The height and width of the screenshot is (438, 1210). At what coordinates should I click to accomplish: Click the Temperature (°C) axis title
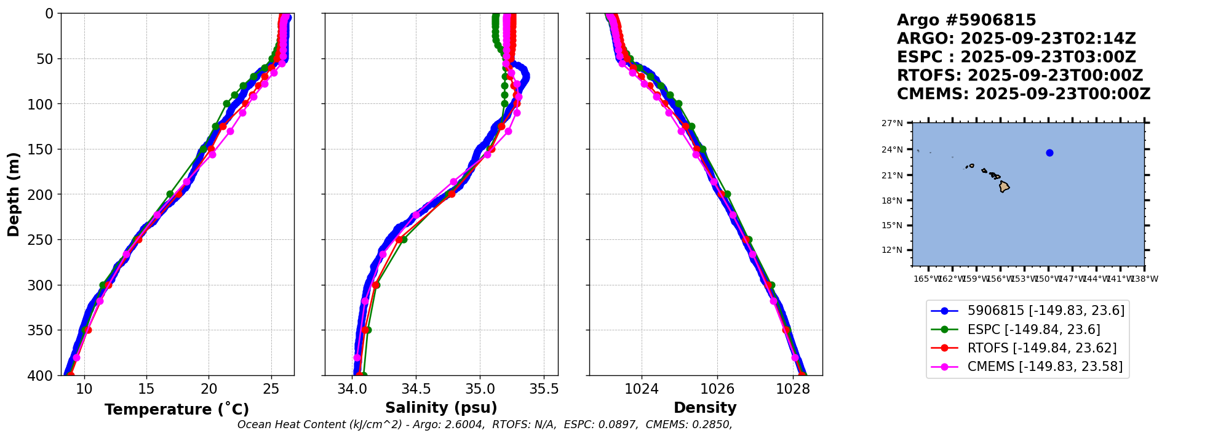click(177, 409)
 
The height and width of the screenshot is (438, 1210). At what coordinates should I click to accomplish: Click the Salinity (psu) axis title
click(441, 408)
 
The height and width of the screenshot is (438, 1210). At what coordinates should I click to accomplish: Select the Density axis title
click(705, 408)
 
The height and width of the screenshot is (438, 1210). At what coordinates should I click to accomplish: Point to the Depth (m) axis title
click(14, 194)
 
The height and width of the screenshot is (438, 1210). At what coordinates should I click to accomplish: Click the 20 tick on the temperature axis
click(209, 389)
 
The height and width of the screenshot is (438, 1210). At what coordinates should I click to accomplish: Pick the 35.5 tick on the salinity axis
click(543, 389)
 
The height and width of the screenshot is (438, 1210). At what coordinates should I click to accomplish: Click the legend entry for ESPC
click(1033, 330)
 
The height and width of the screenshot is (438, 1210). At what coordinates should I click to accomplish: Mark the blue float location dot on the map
click(1049, 153)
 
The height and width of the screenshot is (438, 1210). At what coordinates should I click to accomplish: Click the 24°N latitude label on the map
click(893, 149)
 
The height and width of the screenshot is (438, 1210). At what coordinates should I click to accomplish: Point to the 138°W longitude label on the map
click(1145, 279)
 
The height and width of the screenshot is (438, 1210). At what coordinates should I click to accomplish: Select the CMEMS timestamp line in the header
click(1023, 94)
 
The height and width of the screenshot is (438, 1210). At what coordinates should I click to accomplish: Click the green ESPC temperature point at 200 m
click(170, 194)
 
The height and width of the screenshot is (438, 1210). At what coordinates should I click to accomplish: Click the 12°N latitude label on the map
click(893, 250)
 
